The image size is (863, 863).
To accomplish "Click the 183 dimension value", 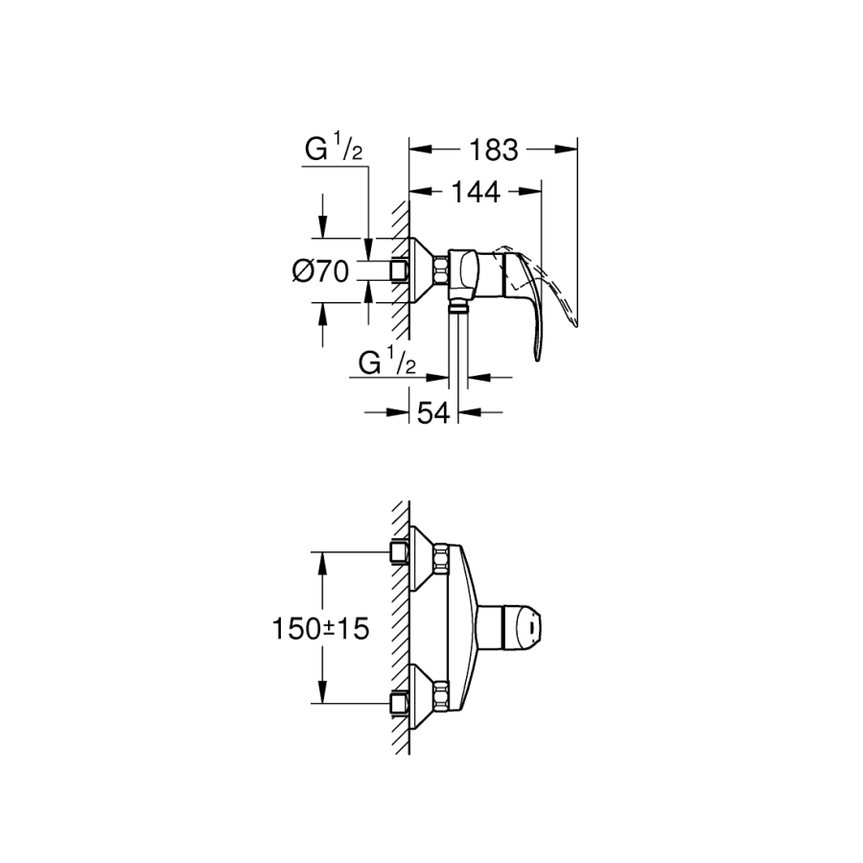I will pyautogui.click(x=494, y=150).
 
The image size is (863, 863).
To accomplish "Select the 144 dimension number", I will pyautogui.click(x=476, y=192).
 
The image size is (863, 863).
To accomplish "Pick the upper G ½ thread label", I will pyautogui.click(x=333, y=151).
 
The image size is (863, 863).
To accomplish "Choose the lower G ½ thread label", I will pyautogui.click(x=386, y=362).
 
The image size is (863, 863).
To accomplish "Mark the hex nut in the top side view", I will pyautogui.click(x=441, y=270).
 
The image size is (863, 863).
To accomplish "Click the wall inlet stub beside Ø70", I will pyautogui.click(x=399, y=271).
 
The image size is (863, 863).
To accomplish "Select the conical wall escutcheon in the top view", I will pyautogui.click(x=420, y=270).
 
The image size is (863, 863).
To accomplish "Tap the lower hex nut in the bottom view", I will pyautogui.click(x=441, y=696).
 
